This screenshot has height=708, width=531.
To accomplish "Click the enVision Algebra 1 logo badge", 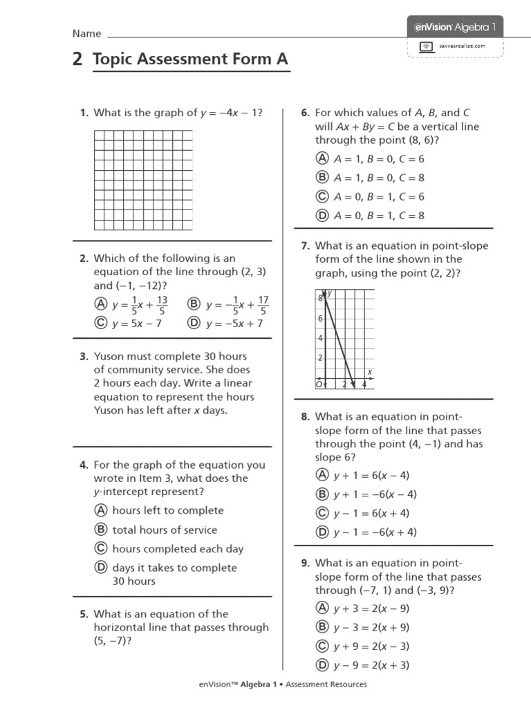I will [x=454, y=27].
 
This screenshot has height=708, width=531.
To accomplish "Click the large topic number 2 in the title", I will [x=77, y=60].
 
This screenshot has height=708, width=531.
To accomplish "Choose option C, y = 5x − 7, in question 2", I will [x=129, y=324].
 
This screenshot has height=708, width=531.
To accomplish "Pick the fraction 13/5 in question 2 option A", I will [x=162, y=305].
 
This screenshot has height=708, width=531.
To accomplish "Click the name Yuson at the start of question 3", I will [x=109, y=357].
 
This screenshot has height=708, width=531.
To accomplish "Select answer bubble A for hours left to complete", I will [x=100, y=510].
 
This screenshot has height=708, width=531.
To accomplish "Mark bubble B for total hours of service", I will [x=100, y=530].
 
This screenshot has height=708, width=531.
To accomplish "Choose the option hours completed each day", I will [x=178, y=549].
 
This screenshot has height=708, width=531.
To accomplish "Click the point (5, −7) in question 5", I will [x=113, y=640].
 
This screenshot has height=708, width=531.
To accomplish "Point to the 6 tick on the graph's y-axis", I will [x=320, y=318].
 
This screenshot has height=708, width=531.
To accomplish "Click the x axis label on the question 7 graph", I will [x=370, y=373].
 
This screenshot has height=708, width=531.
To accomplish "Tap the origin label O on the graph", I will [x=319, y=384].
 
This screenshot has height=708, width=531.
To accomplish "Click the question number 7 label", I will [x=305, y=245].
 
